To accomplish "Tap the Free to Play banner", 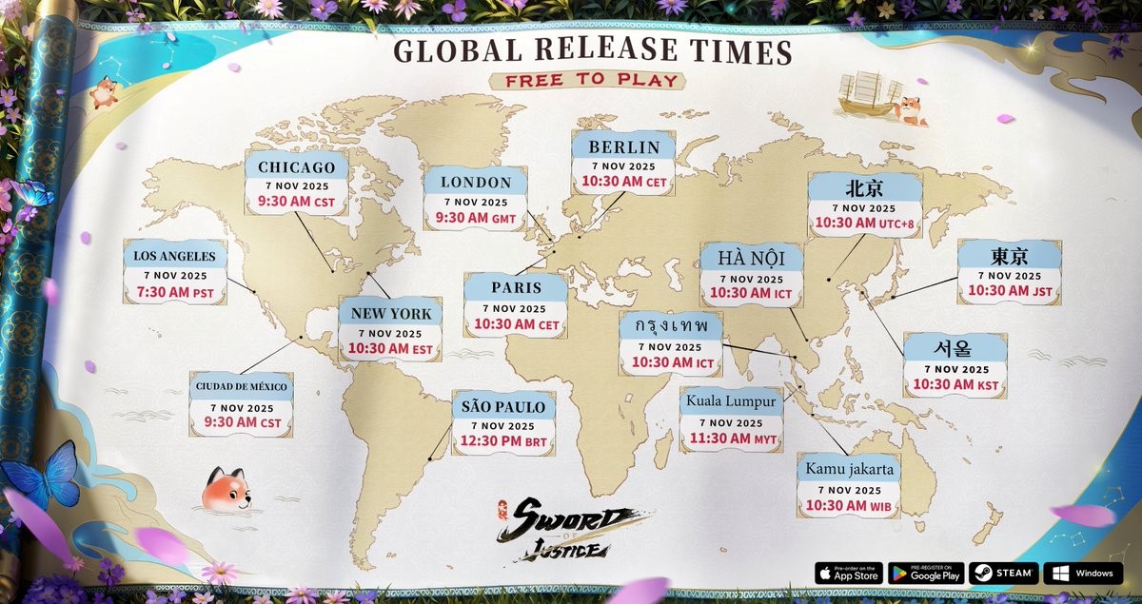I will [592, 80].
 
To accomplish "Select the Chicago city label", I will [297, 167].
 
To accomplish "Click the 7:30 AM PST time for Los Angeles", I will [176, 293].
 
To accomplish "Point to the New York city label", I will [391, 313].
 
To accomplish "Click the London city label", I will [477, 182].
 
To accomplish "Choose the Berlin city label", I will [624, 146].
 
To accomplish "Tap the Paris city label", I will [517, 287].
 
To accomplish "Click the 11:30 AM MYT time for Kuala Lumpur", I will [733, 438].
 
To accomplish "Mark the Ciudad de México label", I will [242, 386].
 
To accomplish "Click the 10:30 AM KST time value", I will [955, 385].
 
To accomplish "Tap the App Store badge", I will [848, 574].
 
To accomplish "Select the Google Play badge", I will [925, 574].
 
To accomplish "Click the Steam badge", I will [1002, 574].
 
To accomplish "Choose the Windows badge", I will [1083, 574].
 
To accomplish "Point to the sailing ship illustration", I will [869, 95].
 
